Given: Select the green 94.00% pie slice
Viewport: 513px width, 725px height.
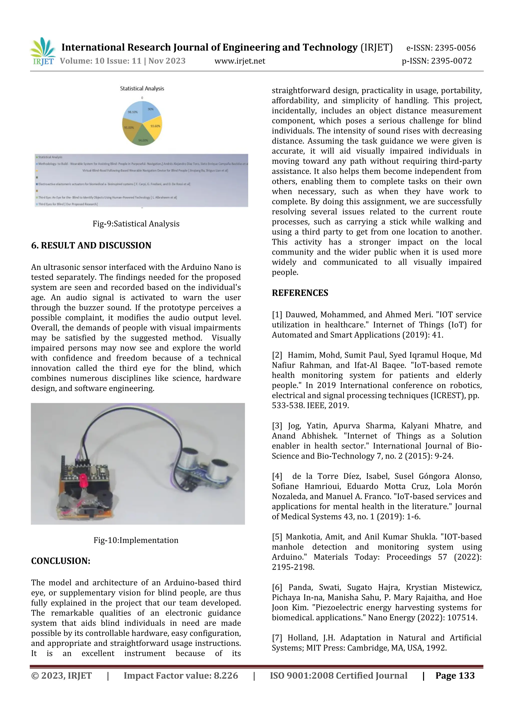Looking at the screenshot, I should click(x=143, y=138).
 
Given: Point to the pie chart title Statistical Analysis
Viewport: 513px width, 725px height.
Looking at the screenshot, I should click(x=142, y=88).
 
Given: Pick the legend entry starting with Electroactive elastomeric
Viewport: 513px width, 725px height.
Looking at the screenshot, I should click(x=114, y=184).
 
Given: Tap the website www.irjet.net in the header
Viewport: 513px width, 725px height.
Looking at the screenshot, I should click(x=240, y=61).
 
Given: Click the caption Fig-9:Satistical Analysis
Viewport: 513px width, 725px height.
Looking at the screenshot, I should click(x=136, y=224).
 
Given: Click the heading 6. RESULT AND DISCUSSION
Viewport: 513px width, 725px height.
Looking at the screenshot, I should click(x=91, y=245).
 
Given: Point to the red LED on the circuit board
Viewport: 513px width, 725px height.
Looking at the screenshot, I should click(x=83, y=477).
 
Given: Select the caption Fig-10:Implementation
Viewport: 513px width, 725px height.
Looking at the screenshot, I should click(x=136, y=540).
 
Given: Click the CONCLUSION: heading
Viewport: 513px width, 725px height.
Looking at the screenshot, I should click(x=61, y=561).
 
